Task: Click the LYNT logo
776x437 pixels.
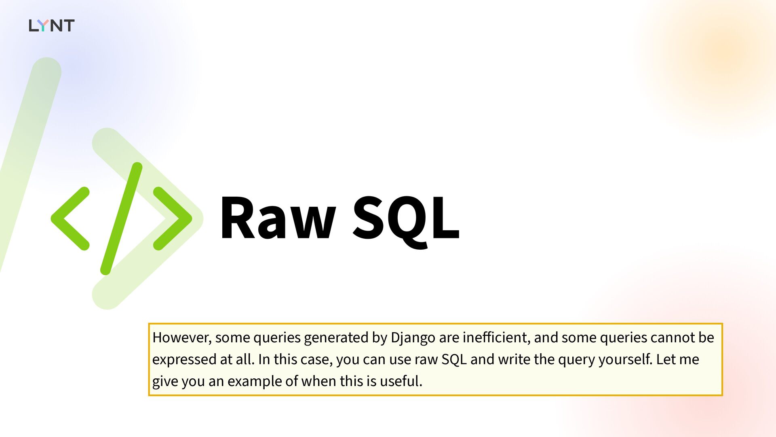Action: click(52, 25)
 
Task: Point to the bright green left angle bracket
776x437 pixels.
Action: click(70, 218)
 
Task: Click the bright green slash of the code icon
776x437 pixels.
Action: click(121, 218)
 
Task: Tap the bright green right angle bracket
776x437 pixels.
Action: click(173, 218)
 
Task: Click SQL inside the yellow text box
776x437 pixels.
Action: click(454, 360)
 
